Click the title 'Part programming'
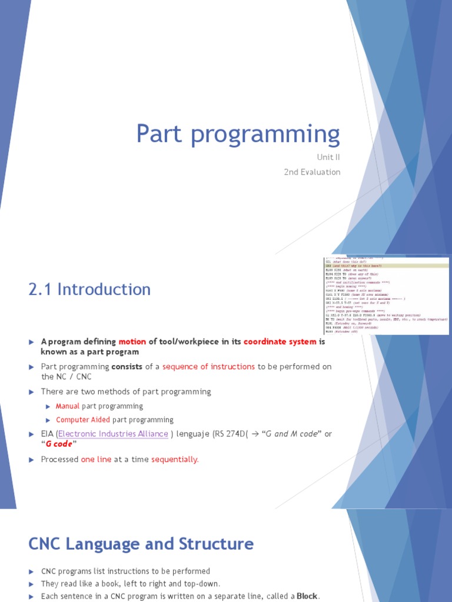(238, 135)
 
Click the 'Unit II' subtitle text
(328, 158)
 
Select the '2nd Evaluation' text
(312, 172)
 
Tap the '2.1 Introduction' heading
(89, 289)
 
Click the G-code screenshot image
(386, 296)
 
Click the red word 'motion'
(132, 342)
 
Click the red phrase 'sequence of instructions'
(208, 366)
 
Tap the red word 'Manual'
(68, 406)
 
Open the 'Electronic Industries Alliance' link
(112, 434)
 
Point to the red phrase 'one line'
(96, 459)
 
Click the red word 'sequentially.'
(175, 459)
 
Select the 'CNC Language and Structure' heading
(141, 544)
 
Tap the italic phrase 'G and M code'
(290, 434)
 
